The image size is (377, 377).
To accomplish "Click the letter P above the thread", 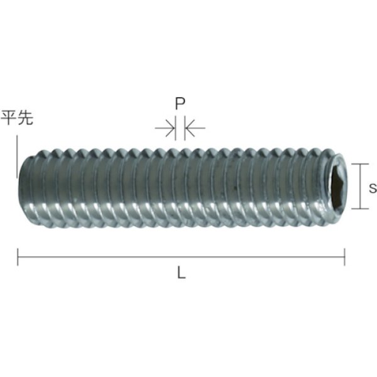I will click(180, 104).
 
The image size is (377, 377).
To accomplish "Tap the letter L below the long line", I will click(182, 274).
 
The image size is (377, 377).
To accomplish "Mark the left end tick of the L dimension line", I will click(18, 257).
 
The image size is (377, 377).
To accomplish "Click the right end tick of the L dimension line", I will click(344, 257).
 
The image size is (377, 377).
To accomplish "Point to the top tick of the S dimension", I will click(359, 163).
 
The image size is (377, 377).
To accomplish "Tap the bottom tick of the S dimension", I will click(359, 209).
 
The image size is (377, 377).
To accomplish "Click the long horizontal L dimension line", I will click(181, 257).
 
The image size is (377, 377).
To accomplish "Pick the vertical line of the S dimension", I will click(359, 186).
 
